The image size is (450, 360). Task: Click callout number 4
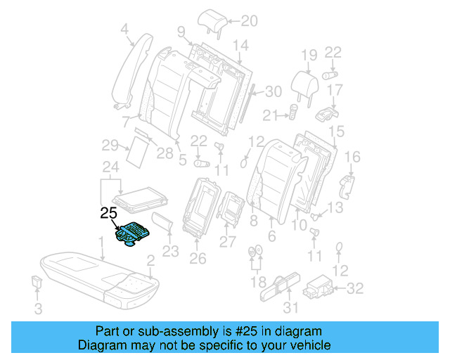124,29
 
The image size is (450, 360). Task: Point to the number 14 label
240,46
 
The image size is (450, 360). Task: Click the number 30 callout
274,91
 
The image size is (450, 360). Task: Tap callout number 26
198,258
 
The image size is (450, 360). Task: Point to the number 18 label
255,281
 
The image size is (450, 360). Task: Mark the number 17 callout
335,90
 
